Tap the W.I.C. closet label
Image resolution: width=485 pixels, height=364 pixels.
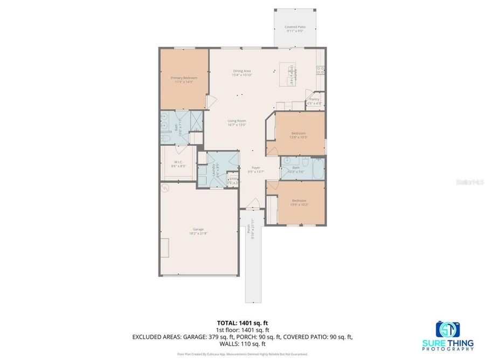point(178,164)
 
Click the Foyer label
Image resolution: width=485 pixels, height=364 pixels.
point(255,169)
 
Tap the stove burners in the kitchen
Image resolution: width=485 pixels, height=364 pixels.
point(320,69)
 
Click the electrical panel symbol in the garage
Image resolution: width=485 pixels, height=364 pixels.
point(165,188)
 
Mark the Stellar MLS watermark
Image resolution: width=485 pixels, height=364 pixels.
point(468,182)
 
